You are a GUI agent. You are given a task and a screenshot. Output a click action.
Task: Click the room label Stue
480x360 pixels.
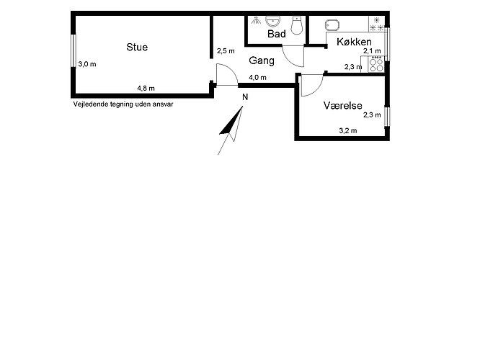coord(137,47)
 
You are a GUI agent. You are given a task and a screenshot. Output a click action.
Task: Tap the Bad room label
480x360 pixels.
coord(277,34)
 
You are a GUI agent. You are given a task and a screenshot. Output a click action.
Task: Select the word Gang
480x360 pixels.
coord(262,61)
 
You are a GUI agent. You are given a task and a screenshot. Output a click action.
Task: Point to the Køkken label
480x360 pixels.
coord(354,42)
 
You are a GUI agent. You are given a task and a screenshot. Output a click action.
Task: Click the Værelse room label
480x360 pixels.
coord(343,106)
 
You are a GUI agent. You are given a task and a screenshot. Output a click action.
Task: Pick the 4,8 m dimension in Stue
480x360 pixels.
coord(146,89)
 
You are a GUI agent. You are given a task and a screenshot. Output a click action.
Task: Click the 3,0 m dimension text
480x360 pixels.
coord(87,64)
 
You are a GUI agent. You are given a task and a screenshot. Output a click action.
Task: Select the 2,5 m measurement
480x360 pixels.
coord(226,51)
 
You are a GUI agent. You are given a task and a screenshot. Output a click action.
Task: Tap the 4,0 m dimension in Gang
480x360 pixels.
coord(257,78)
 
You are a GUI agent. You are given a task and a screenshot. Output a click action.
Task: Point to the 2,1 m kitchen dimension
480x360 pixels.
coord(372,51)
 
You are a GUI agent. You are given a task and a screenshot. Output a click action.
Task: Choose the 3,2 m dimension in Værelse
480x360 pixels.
coord(348,131)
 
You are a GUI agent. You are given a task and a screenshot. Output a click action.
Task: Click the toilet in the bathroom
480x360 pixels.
coord(297,25)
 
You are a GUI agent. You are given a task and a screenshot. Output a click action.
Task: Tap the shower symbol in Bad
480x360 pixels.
coord(256,20)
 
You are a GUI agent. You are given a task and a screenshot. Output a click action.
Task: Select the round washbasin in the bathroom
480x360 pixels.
coord(272,22)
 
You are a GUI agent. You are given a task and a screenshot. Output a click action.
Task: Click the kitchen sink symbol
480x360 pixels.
coord(332,25)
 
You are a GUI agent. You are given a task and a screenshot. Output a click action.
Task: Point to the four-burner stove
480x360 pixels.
coord(376,65)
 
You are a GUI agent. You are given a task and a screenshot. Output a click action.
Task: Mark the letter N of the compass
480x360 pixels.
coord(245,97)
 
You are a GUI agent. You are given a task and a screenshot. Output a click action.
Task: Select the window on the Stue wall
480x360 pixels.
coord(74,51)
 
